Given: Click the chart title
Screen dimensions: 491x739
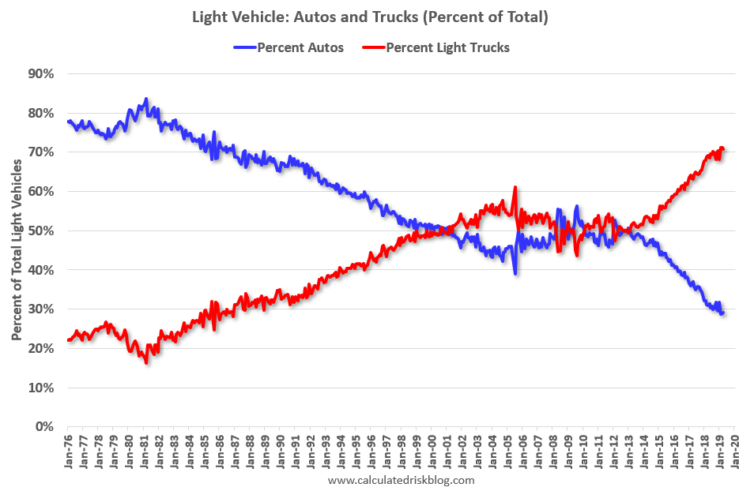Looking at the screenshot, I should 369,17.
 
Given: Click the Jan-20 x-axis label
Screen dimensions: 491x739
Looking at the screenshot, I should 733,452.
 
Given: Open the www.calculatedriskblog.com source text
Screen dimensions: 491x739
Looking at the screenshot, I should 401,480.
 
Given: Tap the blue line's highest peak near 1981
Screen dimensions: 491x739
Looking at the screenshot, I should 146,99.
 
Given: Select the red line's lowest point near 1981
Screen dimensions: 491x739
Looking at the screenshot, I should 146,362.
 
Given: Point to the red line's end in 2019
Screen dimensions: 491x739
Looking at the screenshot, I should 722,148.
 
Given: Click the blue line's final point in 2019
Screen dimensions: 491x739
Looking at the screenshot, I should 722,313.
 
